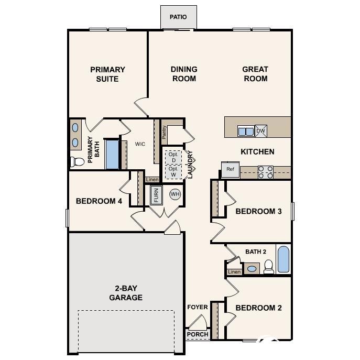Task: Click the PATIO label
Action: [178, 17]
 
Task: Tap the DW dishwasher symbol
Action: [261, 131]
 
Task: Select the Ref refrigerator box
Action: [230, 170]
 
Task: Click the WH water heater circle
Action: [175, 194]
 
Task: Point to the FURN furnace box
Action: [156, 195]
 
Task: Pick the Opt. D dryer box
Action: [173, 158]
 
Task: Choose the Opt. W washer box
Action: [173, 172]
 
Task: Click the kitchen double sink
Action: [246, 132]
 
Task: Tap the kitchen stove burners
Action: [266, 172]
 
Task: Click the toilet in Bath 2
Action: [268, 267]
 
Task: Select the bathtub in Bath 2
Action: [283, 259]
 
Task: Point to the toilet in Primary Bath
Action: [77, 161]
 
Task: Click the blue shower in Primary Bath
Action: [112, 155]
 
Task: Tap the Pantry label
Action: [164, 132]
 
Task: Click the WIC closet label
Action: [140, 144]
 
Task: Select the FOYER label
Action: [198, 307]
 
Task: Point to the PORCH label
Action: [198, 334]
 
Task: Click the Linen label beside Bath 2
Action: [234, 272]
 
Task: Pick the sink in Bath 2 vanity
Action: [252, 269]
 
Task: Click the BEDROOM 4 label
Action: [99, 201]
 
